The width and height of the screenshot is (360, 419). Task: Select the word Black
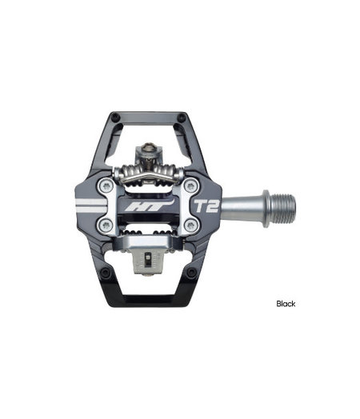coord(286,304)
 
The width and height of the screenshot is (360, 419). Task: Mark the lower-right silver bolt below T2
coord(190,226)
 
